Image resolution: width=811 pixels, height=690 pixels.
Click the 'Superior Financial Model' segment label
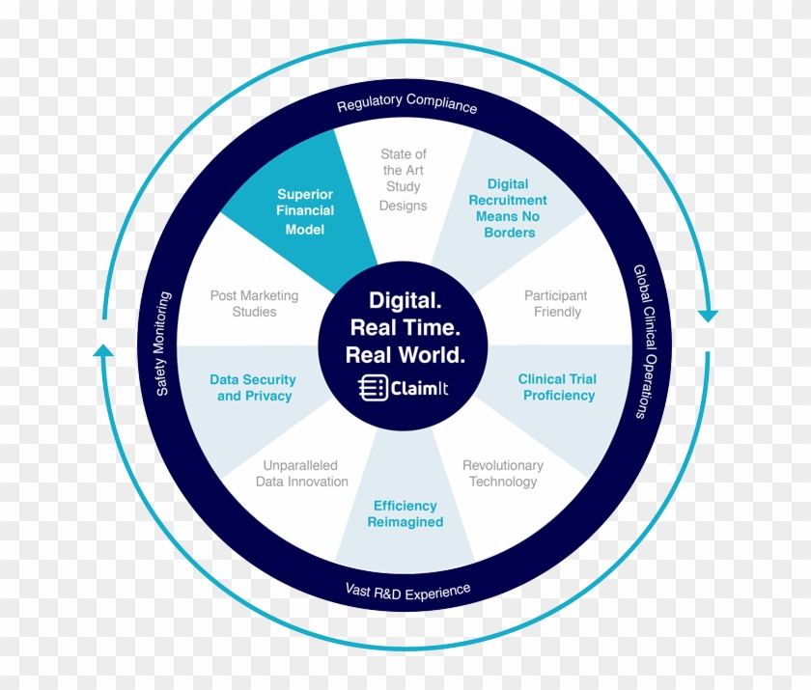(305, 211)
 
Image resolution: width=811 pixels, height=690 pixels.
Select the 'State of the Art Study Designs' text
(403, 179)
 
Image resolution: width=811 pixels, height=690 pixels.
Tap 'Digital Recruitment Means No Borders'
(508, 207)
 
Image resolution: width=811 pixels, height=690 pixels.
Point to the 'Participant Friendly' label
(556, 303)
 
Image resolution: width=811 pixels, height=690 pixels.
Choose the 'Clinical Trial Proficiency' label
(558, 387)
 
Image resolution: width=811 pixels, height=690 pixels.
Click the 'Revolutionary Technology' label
(502, 473)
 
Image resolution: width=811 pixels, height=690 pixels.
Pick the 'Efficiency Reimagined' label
(405, 513)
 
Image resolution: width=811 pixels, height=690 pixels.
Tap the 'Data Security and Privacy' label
(253, 387)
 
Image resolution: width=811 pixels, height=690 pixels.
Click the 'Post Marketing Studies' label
(254, 303)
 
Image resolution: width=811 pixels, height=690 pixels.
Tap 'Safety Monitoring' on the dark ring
(162, 343)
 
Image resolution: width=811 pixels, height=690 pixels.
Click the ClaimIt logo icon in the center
(371, 389)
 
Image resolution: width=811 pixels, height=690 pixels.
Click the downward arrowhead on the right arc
(709, 316)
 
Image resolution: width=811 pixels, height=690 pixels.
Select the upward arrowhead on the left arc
(102, 349)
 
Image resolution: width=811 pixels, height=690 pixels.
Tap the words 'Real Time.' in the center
(405, 325)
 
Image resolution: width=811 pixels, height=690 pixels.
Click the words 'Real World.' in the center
(405, 354)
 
